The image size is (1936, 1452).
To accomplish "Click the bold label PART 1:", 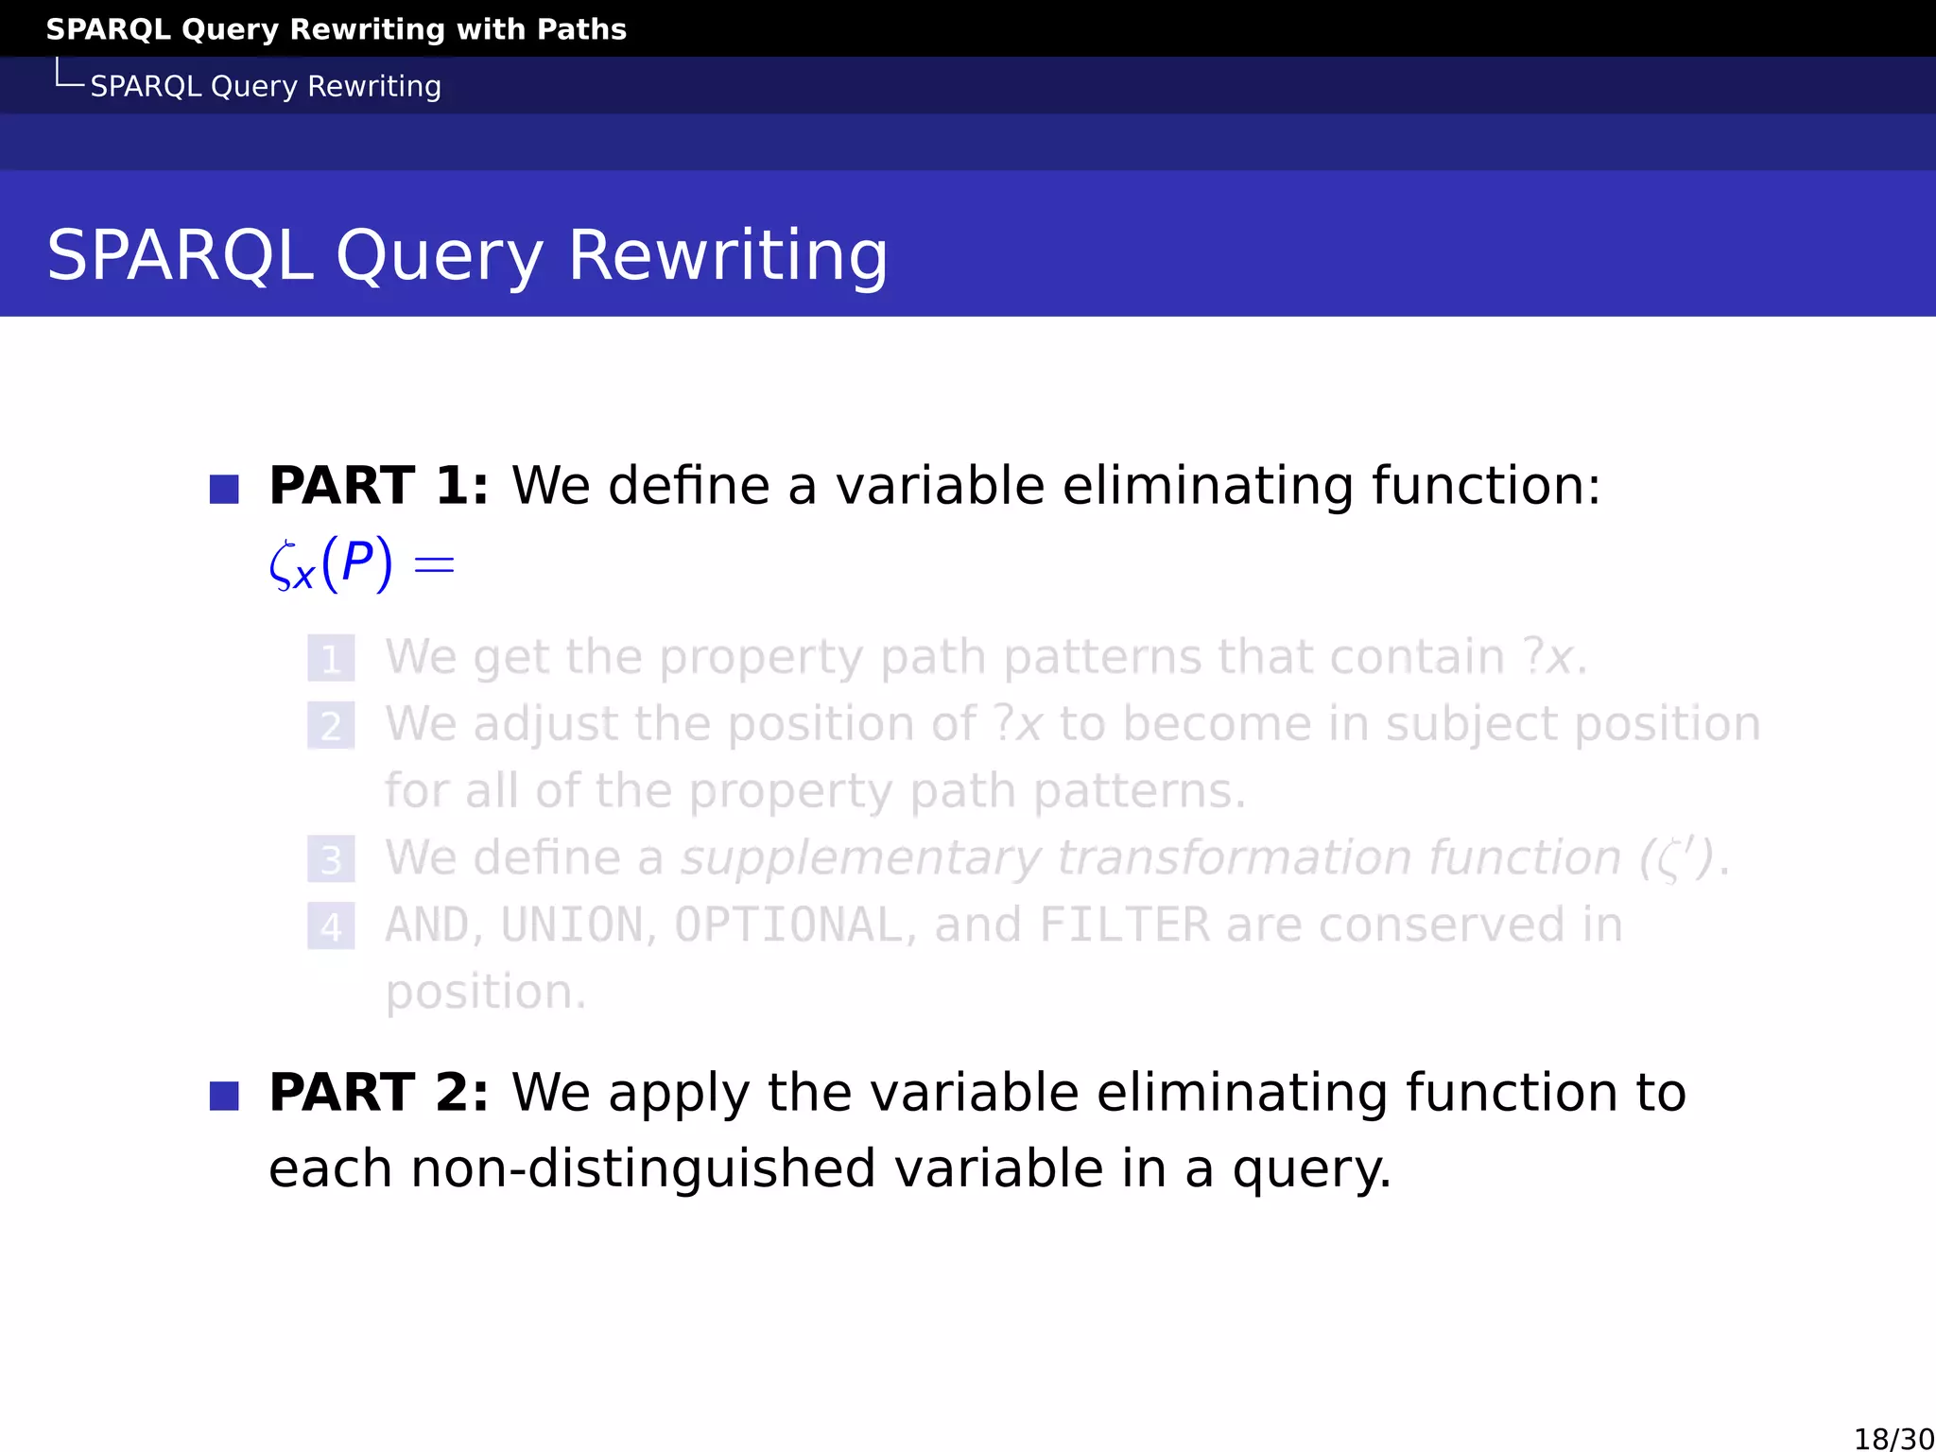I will [x=379, y=486].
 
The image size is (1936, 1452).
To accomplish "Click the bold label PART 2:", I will [x=379, y=1093].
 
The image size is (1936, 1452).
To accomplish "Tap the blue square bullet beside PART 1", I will [x=224, y=490].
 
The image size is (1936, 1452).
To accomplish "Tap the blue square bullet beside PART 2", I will [x=224, y=1097].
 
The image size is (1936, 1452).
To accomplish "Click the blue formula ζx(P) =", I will [x=362, y=565].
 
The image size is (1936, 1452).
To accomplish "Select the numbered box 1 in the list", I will [x=331, y=658].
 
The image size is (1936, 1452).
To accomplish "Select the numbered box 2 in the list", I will [x=331, y=725].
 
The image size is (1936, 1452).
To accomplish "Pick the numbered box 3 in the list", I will [x=331, y=859].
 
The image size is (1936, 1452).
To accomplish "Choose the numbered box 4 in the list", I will [x=331, y=926].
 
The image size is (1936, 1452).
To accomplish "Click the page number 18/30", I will [x=1893, y=1439].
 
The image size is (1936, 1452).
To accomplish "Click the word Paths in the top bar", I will [x=581, y=29].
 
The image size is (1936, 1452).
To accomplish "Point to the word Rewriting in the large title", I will [x=728, y=255].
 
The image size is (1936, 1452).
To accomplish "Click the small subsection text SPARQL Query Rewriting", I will [x=266, y=86].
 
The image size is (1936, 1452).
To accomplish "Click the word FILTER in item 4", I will [x=1124, y=925].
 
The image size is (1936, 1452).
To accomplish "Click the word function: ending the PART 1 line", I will [x=1486, y=486].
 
